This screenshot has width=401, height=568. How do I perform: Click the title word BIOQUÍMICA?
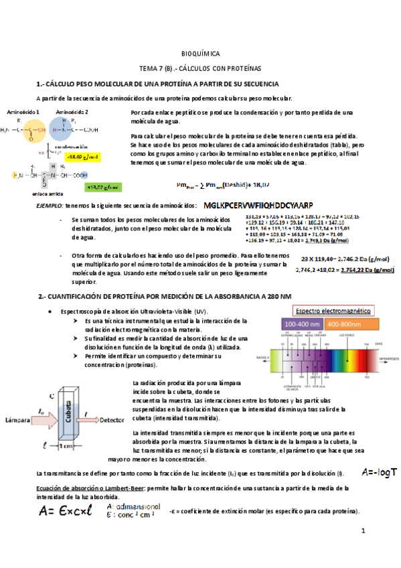coord(200,54)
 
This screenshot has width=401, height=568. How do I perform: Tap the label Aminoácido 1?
coord(23,112)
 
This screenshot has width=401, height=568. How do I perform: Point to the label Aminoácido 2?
coord(72,112)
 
